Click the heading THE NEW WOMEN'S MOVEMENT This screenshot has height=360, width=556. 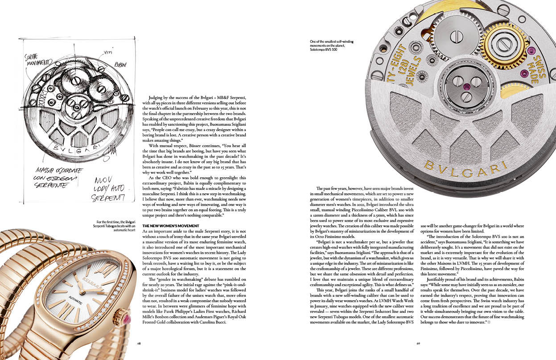click(170, 226)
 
